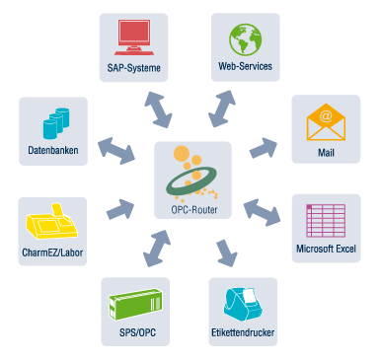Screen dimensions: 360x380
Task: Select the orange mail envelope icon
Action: coord(325,122)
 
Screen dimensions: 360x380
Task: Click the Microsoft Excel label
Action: coord(326,249)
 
